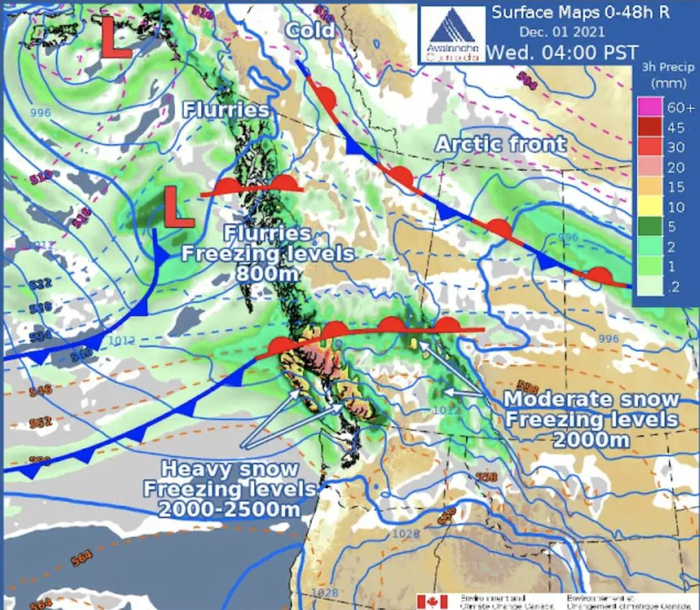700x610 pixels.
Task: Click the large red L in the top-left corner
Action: coord(117,39)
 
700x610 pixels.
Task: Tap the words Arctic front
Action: coord(500,144)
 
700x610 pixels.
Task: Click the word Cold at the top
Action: coord(310,29)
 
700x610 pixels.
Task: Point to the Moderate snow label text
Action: coord(592,399)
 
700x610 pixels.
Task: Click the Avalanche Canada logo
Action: coord(452,34)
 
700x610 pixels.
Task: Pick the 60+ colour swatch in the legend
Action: coord(647,107)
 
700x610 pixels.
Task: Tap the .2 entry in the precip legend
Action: coord(675,289)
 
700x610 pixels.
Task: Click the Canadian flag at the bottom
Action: coord(432,600)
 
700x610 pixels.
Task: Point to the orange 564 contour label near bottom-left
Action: coord(81,558)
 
